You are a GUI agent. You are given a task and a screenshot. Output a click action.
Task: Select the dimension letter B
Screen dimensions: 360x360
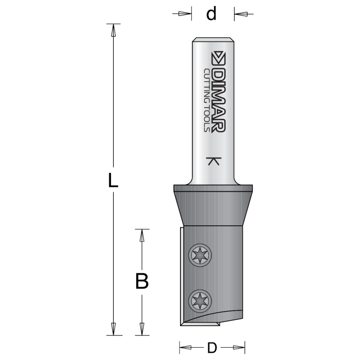pos(142,281)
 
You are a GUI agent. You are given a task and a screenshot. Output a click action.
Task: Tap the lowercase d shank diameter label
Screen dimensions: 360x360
pos(211,14)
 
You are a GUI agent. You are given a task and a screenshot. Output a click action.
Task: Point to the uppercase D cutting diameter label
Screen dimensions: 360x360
pos(211,348)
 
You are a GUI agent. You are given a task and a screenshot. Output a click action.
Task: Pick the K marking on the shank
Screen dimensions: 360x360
pos(213,161)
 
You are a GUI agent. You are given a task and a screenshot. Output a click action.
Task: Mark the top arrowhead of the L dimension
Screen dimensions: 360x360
pos(114,30)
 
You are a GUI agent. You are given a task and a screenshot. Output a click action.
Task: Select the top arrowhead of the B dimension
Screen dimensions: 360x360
pos(142,235)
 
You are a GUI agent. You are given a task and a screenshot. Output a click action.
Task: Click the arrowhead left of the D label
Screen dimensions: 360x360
pos(186,348)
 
